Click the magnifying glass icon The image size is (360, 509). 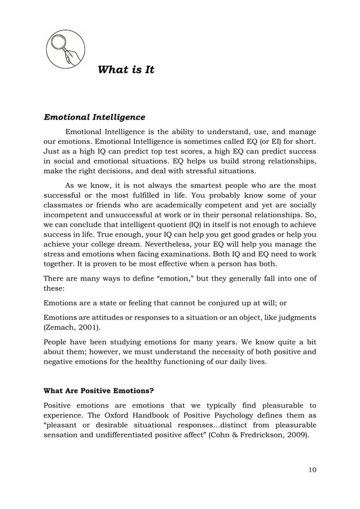point(65,50)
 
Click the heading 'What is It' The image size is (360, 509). point(126,70)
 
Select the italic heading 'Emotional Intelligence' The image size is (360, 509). point(94,117)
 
